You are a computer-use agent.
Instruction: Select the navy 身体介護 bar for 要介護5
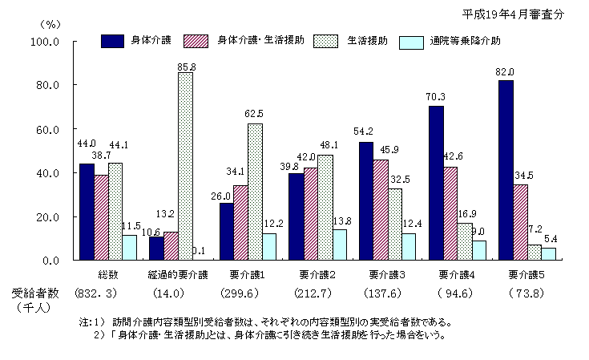505,170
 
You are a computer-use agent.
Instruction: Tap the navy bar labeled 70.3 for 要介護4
435,183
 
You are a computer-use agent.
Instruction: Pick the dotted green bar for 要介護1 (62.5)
255,191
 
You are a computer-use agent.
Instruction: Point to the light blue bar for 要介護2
340,245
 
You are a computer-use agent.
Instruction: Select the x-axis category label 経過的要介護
177,274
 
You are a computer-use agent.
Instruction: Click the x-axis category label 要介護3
387,274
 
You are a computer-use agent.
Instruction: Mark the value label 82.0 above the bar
504,73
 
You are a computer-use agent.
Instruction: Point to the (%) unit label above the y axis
50,24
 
